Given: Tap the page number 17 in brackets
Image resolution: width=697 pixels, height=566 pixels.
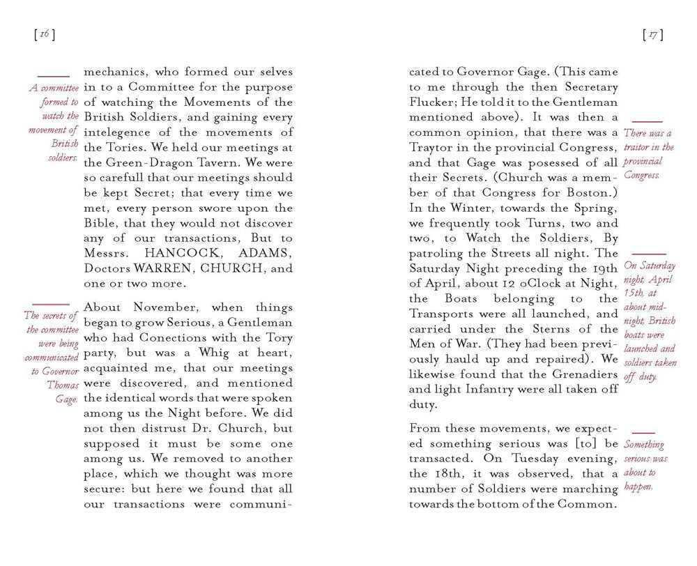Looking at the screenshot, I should tap(652, 34).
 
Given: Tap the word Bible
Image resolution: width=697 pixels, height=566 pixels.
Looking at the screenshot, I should tap(99, 223).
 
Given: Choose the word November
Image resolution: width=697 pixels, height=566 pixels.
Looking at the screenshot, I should tap(152, 307).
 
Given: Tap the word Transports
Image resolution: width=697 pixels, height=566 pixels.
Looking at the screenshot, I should tap(444, 314).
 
